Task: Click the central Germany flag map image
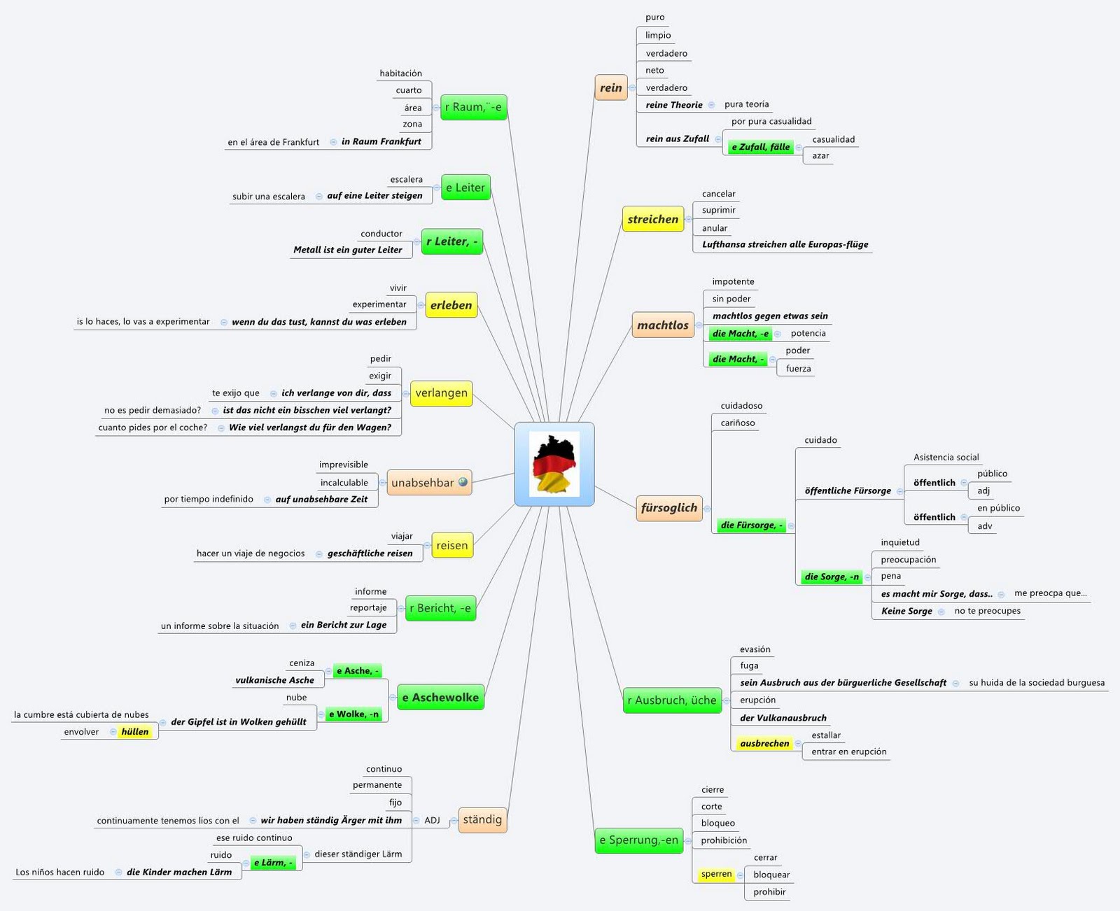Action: point(554,464)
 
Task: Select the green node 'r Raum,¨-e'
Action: point(474,107)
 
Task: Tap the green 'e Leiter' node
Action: point(465,188)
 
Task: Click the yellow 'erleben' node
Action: point(451,305)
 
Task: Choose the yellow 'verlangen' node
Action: point(441,393)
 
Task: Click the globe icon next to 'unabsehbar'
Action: point(463,482)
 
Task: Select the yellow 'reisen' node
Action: point(451,546)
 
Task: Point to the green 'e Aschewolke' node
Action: point(440,697)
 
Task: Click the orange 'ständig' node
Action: point(482,819)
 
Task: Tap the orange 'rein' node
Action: point(610,87)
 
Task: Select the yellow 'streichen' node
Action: point(652,219)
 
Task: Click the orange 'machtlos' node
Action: point(662,325)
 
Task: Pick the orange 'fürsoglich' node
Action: point(668,508)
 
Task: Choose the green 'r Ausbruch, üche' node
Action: point(671,700)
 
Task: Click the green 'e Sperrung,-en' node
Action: point(638,840)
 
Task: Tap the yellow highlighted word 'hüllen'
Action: point(135,732)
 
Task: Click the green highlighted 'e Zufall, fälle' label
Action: point(760,147)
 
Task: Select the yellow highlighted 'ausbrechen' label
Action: point(764,743)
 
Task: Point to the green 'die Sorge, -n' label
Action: point(831,577)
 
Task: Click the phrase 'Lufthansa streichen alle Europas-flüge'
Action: point(785,244)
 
